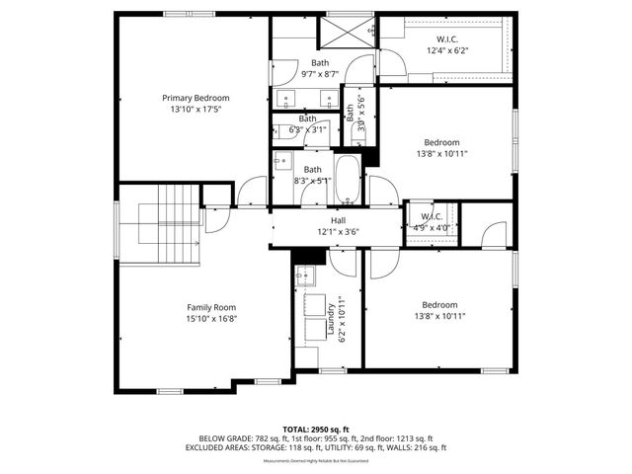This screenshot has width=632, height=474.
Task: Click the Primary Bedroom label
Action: (x=196, y=98)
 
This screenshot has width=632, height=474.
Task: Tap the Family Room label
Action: (x=211, y=307)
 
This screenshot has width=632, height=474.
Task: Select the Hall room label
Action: (x=338, y=220)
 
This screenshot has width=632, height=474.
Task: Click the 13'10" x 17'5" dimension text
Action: (x=196, y=110)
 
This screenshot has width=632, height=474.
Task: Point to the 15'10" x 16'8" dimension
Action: (x=211, y=319)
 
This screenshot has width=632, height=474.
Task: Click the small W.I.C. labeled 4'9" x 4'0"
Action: (x=433, y=222)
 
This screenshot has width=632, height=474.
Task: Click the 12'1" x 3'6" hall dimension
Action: (x=338, y=232)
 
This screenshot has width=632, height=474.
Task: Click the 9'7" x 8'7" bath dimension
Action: (x=321, y=74)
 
